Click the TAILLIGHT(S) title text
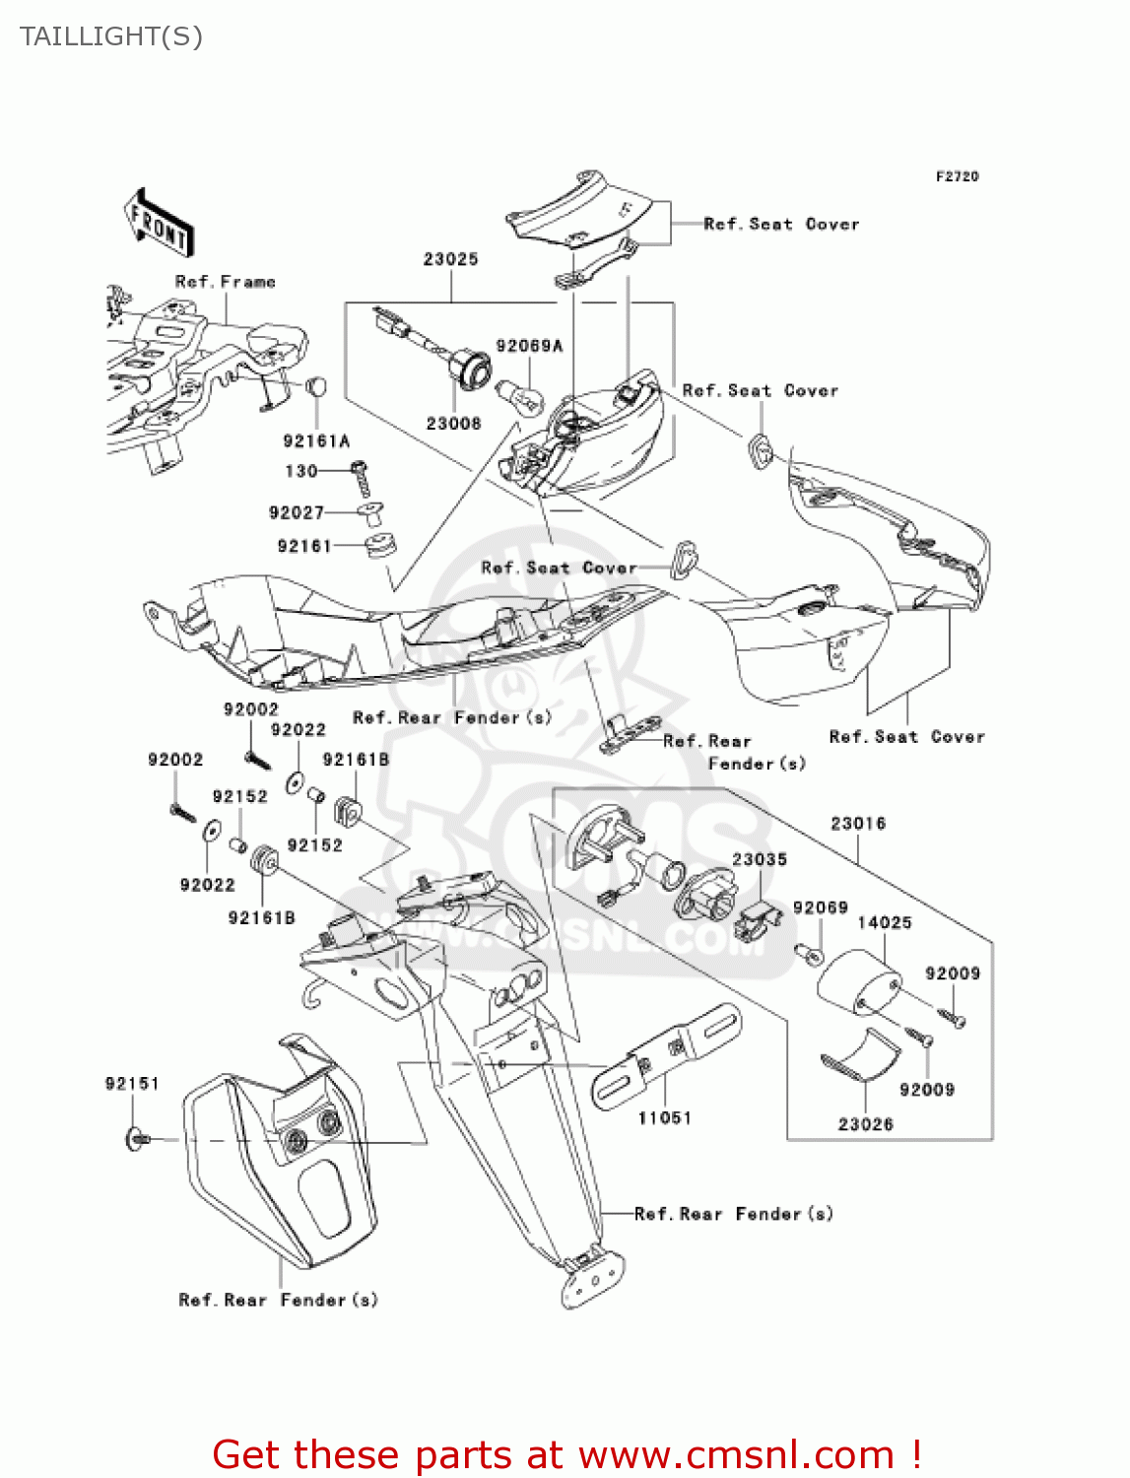tap(110, 36)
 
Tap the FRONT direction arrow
tap(159, 224)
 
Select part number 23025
tap(450, 259)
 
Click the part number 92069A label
tap(529, 346)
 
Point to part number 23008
tap(453, 424)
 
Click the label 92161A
tap(315, 441)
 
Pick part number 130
tap(300, 471)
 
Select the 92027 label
tap(296, 512)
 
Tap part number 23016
tap(857, 823)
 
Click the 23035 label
tap(759, 859)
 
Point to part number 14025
tap(884, 922)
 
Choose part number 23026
tap(865, 1124)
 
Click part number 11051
tap(664, 1118)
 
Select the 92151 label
tap(132, 1084)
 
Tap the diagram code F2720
tap(957, 176)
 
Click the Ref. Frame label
tap(225, 282)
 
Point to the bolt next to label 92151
tap(137, 1139)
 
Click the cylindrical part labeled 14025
tap(858, 982)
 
